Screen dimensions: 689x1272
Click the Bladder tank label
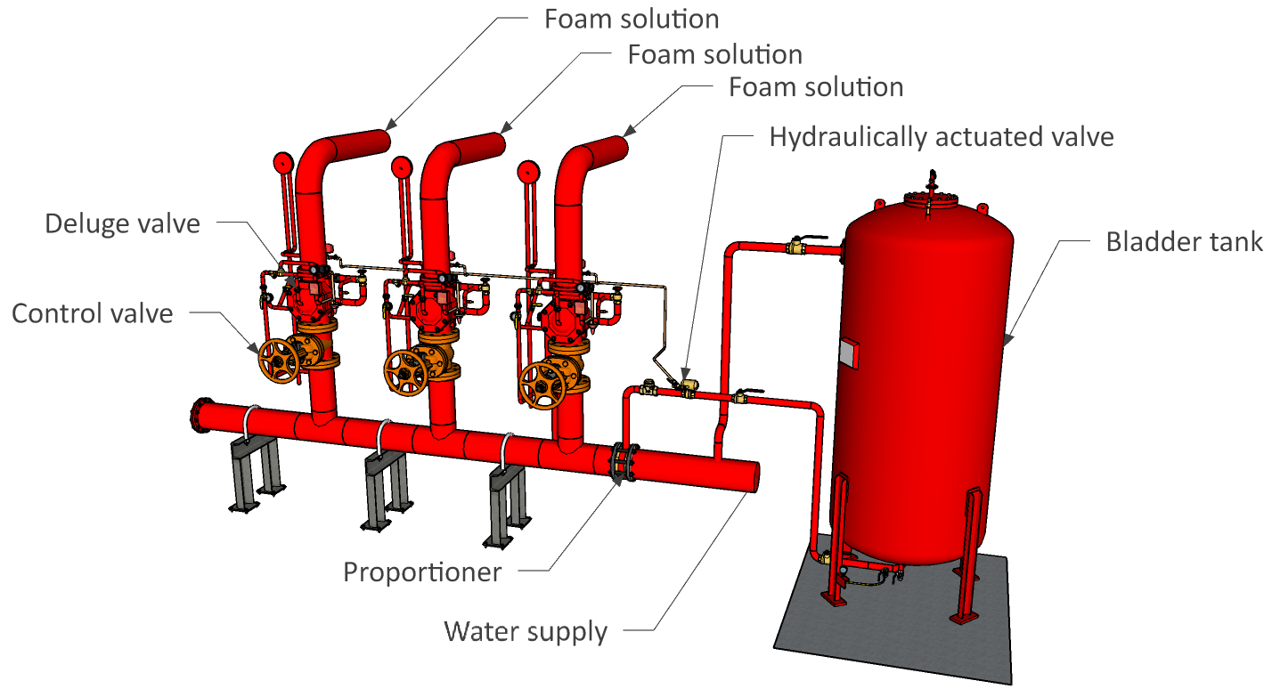coord(1184,241)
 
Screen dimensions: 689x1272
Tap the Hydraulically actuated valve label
coord(942,137)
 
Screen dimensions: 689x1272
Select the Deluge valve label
coord(122,223)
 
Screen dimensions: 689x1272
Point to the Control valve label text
coord(92,312)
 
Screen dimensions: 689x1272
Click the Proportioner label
coord(422,571)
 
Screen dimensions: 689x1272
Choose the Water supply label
coord(526,631)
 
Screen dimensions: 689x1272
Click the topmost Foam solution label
coord(632,19)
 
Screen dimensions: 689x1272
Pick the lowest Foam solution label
coord(815,87)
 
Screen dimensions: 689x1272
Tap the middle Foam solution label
coord(714,53)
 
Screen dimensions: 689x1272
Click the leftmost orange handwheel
coord(280,361)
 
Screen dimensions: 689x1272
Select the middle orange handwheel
coord(407,373)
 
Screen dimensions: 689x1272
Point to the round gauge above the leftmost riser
coord(283,163)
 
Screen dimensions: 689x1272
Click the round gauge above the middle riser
coord(401,166)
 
